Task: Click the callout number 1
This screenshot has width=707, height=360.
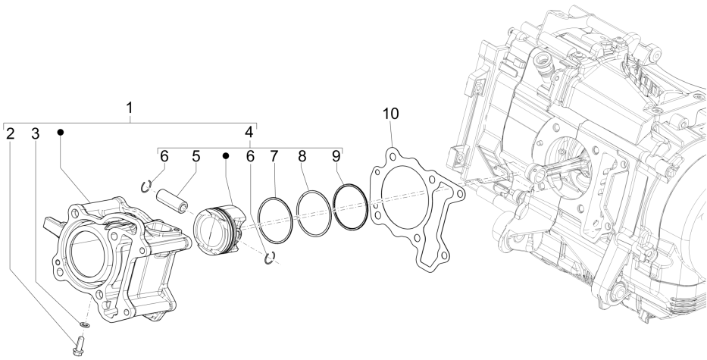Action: pyautogui.click(x=130, y=108)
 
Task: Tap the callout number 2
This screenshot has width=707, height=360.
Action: pyautogui.click(x=10, y=134)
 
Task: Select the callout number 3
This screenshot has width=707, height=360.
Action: pyautogui.click(x=35, y=134)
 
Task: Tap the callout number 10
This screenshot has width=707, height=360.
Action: pyautogui.click(x=389, y=114)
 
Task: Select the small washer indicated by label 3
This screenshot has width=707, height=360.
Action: pyautogui.click(x=83, y=324)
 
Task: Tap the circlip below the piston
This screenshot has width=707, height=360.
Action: pyautogui.click(x=267, y=260)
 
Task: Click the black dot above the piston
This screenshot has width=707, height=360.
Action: pyautogui.click(x=225, y=156)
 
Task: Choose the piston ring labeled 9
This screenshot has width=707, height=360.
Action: pyautogui.click(x=351, y=206)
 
